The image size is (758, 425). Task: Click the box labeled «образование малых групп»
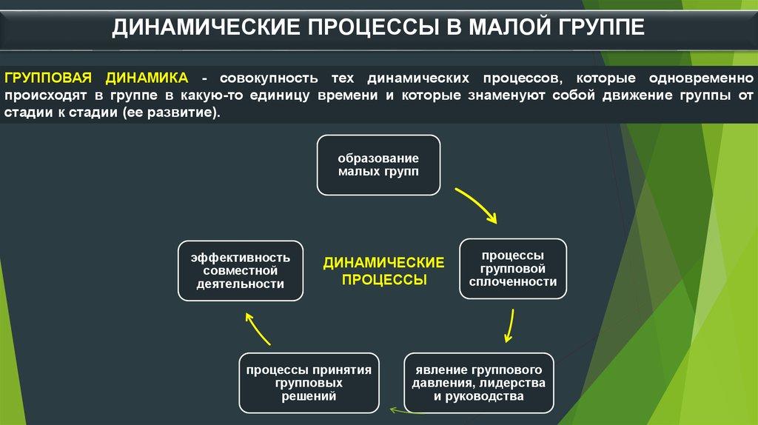point(378,165)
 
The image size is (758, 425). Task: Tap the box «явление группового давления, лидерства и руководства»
point(479,382)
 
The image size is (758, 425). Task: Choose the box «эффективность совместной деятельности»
point(241,270)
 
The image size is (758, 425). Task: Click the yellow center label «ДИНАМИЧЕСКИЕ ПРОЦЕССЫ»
point(383,271)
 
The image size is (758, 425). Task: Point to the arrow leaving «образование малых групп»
point(476,204)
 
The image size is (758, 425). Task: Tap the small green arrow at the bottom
point(403,410)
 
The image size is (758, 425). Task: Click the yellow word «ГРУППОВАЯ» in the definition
point(48,78)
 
